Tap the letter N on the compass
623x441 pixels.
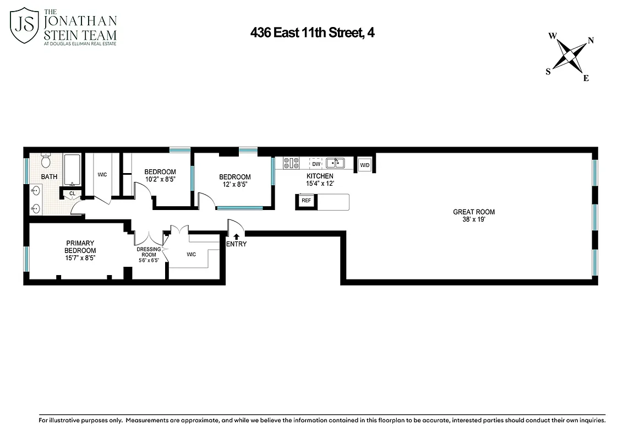[591, 40]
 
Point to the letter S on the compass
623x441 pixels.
[548, 72]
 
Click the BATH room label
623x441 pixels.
[49, 177]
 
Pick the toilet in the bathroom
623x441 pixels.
[46, 161]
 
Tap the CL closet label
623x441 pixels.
[72, 193]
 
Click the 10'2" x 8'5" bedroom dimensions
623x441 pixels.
[160, 179]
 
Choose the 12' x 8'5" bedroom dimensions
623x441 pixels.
[235, 185]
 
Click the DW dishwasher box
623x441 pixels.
[316, 164]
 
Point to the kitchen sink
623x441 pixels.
[335, 163]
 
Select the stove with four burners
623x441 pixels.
[291, 163]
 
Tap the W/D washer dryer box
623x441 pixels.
[365, 165]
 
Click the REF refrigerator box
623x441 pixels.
[306, 201]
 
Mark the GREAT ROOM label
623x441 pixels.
[473, 212]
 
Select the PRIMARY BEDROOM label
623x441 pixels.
[80, 246]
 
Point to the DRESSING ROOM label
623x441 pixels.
[149, 252]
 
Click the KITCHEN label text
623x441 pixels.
[320, 176]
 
